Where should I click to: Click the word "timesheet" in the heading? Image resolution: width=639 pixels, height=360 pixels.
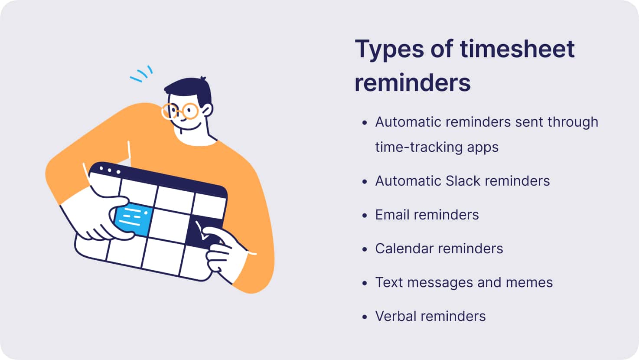pyautogui.click(x=517, y=49)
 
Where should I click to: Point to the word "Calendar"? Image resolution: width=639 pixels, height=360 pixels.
pyautogui.click(x=404, y=249)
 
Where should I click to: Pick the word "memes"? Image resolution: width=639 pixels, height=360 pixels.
pyautogui.click(x=529, y=283)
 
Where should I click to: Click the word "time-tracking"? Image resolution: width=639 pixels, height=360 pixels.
pyautogui.click(x=419, y=147)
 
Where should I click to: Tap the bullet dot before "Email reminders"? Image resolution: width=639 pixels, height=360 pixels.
pyautogui.click(x=364, y=215)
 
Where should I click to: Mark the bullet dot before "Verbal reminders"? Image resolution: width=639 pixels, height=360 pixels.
pyautogui.click(x=364, y=317)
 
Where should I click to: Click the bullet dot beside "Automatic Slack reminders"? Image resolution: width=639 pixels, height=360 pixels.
pyautogui.click(x=364, y=182)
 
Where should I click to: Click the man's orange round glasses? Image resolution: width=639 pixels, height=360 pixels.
pyautogui.click(x=180, y=111)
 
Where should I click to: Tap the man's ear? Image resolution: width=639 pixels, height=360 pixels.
pyautogui.click(x=208, y=110)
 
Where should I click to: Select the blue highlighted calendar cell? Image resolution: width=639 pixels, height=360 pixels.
pyautogui.click(x=134, y=219)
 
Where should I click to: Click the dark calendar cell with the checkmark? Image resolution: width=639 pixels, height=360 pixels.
pyautogui.click(x=203, y=232)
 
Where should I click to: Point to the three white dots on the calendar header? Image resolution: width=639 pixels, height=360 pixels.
pyautogui.click(x=110, y=170)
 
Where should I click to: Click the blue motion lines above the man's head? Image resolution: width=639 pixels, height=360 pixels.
pyautogui.click(x=141, y=74)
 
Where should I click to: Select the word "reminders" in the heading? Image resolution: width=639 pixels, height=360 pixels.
pyautogui.click(x=413, y=83)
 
